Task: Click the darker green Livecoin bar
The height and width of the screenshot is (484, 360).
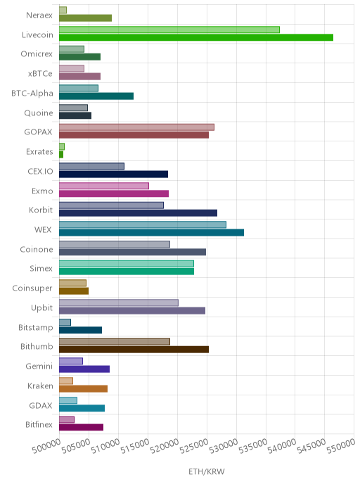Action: coord(196,37)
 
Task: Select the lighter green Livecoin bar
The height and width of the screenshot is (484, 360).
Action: coord(169,30)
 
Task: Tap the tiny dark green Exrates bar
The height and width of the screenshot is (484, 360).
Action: coord(61,154)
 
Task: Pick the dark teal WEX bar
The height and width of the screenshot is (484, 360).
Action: coord(151,232)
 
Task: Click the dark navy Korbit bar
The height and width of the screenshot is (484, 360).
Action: coord(139,213)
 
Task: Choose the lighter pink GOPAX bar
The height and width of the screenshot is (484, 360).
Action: coord(136,127)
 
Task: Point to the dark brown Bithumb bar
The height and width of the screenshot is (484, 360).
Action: coord(134,350)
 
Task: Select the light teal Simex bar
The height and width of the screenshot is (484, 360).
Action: coord(127,264)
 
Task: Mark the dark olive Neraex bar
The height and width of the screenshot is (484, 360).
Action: coord(86,18)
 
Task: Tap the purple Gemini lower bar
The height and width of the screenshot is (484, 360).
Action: coord(84,369)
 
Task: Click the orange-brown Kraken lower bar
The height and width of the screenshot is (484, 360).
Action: coord(83,388)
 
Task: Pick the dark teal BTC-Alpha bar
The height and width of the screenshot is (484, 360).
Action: coord(96,96)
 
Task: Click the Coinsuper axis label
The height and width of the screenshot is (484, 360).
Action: coord(32,288)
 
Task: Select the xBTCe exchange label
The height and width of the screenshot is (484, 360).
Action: coord(40,73)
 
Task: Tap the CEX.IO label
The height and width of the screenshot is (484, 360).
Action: coord(40,172)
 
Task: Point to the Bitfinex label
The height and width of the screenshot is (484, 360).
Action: coord(39,425)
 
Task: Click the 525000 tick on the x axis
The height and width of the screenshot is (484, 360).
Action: coord(194,446)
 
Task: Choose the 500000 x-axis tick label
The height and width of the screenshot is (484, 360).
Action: coord(46,446)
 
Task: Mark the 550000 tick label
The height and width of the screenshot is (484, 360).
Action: coord(341,446)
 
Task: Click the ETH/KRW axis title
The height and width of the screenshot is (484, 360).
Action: coord(207,471)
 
